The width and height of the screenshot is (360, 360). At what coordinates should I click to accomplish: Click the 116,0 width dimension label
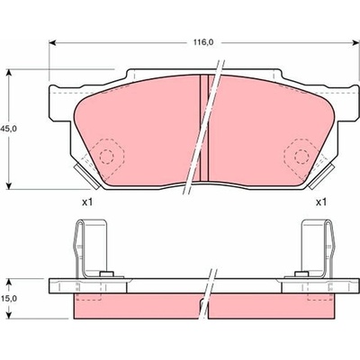click(x=203, y=43)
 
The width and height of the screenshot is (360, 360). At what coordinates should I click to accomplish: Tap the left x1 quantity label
click(x=87, y=202)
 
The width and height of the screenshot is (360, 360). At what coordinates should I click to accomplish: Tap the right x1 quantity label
click(x=320, y=202)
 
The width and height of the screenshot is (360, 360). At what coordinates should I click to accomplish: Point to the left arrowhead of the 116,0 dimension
click(x=52, y=43)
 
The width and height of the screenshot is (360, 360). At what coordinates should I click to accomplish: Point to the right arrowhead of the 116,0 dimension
click(x=355, y=43)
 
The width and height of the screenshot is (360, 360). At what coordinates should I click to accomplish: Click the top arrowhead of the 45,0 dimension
click(x=9, y=73)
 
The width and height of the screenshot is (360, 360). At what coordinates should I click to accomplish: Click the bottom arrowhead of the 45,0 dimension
click(x=9, y=185)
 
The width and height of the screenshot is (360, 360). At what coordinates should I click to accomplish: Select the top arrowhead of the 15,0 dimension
click(x=9, y=283)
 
